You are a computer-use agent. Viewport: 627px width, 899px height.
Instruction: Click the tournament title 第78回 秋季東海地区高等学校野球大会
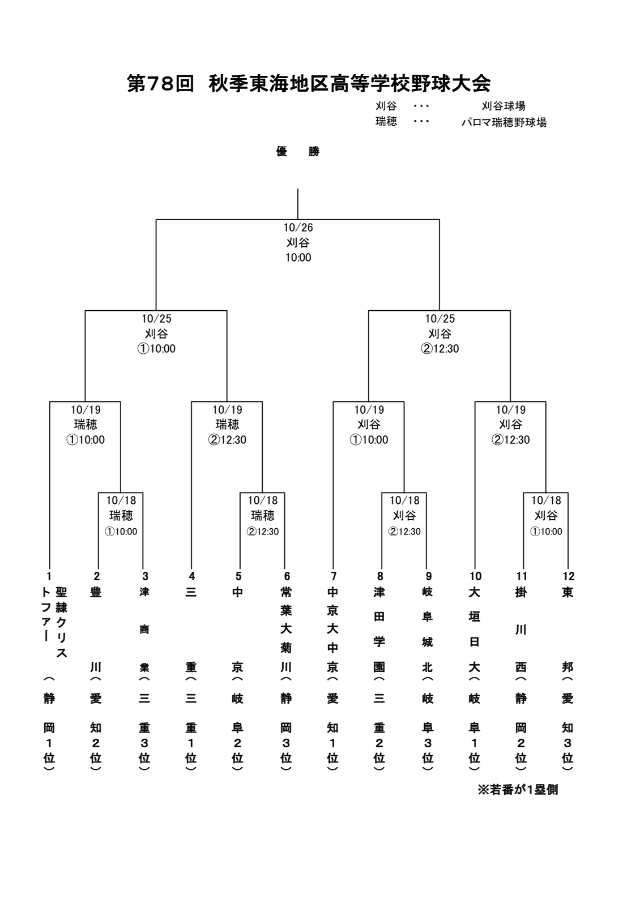click(309, 84)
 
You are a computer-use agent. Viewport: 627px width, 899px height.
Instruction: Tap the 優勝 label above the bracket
click(297, 152)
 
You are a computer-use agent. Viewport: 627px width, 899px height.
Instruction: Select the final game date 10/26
click(298, 228)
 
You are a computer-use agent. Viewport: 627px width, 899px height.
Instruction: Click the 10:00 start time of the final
click(298, 258)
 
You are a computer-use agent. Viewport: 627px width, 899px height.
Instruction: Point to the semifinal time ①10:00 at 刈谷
click(156, 349)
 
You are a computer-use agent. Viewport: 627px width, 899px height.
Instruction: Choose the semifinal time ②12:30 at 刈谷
click(440, 349)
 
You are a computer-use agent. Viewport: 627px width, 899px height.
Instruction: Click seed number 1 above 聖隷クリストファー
click(49, 576)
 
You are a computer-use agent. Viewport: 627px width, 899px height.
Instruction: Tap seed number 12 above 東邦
click(569, 576)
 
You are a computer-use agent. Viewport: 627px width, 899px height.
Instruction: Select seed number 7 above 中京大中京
click(334, 576)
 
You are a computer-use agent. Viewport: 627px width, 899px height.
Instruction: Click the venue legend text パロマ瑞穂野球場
click(504, 122)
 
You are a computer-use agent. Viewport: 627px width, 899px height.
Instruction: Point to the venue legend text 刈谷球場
click(503, 106)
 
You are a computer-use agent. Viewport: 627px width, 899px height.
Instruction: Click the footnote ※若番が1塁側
click(518, 790)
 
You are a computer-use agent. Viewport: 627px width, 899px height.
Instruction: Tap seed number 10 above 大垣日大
click(475, 576)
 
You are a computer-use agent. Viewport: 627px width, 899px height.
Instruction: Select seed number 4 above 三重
click(192, 576)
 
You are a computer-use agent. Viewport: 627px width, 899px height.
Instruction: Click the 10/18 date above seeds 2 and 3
click(121, 500)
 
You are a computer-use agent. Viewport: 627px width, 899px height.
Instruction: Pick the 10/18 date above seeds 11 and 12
click(546, 500)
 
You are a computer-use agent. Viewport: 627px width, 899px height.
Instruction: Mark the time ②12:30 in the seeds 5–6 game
click(263, 532)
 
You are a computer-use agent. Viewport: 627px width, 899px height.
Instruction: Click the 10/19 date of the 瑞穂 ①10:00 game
click(86, 409)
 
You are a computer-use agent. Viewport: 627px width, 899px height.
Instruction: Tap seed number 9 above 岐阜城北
click(428, 576)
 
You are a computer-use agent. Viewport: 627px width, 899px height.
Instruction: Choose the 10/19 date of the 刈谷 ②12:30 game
click(510, 409)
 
